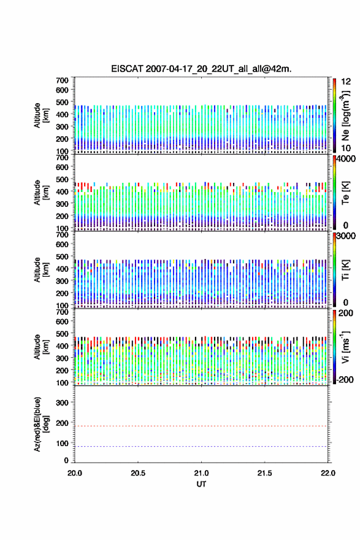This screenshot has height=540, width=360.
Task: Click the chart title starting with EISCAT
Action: tap(201, 69)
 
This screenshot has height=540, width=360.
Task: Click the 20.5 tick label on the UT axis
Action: tap(137, 473)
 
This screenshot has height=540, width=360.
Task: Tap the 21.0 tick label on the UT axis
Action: tap(201, 473)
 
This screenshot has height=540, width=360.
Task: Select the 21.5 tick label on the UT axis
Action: tap(264, 473)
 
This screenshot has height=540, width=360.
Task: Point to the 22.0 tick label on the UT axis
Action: tap(327, 473)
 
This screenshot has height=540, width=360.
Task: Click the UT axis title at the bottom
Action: tap(201, 484)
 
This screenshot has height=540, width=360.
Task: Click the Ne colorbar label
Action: tap(345, 116)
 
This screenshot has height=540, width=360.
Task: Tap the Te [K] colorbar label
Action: tap(345, 193)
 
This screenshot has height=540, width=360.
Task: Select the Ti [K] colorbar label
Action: tap(345, 270)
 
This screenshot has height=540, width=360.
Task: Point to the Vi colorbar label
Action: tap(345, 347)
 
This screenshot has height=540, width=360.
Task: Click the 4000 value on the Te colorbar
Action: tap(346, 159)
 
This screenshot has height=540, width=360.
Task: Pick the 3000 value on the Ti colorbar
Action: tap(346, 236)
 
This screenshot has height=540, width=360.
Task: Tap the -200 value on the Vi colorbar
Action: tap(345, 379)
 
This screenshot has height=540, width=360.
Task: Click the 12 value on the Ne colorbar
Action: tap(346, 82)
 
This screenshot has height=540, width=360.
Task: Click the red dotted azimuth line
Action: tap(201, 426)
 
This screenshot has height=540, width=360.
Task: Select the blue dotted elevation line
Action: tap(201, 446)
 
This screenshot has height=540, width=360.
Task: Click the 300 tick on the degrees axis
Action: tap(62, 403)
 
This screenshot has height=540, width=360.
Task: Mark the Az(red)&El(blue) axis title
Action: tap(41, 424)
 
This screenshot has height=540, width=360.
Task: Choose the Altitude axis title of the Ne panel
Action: tap(41, 116)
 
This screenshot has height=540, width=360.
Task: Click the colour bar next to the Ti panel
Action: tap(334, 269)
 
